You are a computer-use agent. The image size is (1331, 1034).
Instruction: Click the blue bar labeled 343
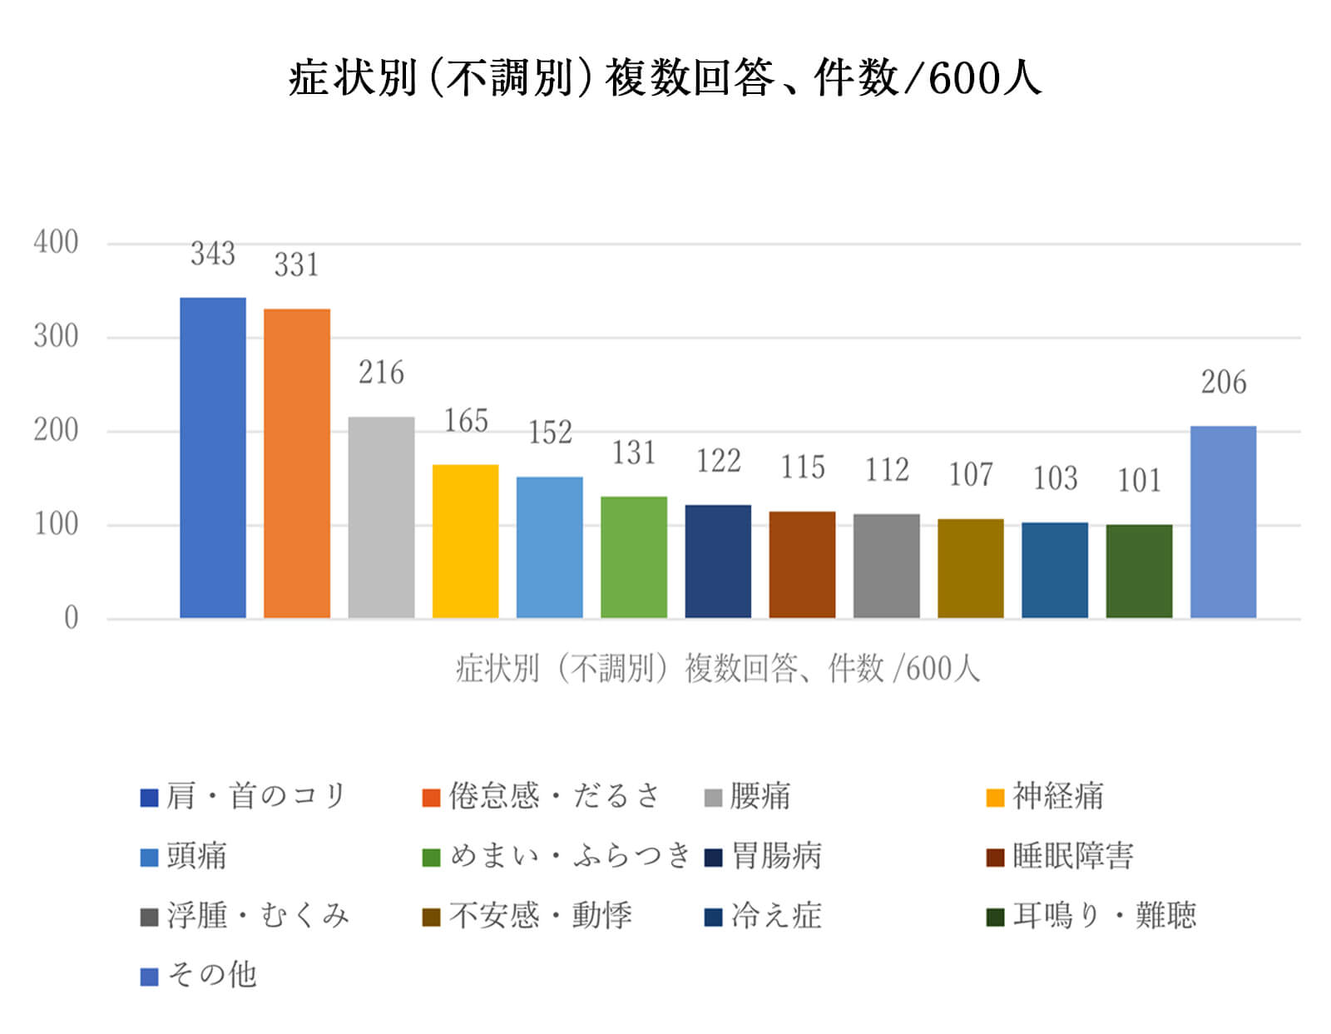[213, 458]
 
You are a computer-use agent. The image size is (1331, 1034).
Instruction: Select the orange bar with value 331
[297, 463]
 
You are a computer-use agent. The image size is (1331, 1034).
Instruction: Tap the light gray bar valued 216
[381, 517]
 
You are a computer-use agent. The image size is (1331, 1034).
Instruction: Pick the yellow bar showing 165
[465, 541]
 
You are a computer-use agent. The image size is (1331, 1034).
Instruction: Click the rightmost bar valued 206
[1223, 522]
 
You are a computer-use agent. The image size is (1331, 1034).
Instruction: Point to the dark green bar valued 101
[1139, 571]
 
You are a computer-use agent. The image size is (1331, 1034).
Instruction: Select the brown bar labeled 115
[802, 564]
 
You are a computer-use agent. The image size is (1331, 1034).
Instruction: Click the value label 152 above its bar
[550, 433]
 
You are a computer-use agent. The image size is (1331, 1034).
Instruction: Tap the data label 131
[634, 453]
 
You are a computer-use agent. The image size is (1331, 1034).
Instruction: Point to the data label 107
[971, 475]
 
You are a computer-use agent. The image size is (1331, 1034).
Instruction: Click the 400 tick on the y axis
[56, 243]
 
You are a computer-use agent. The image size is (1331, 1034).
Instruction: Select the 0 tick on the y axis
[72, 618]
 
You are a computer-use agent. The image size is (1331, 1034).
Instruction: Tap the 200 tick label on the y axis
[56, 431]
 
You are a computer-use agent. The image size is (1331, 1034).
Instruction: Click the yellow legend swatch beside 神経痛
[995, 798]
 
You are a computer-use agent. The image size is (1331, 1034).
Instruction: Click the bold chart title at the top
[665, 79]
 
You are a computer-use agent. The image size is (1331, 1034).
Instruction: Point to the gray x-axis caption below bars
[717, 669]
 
